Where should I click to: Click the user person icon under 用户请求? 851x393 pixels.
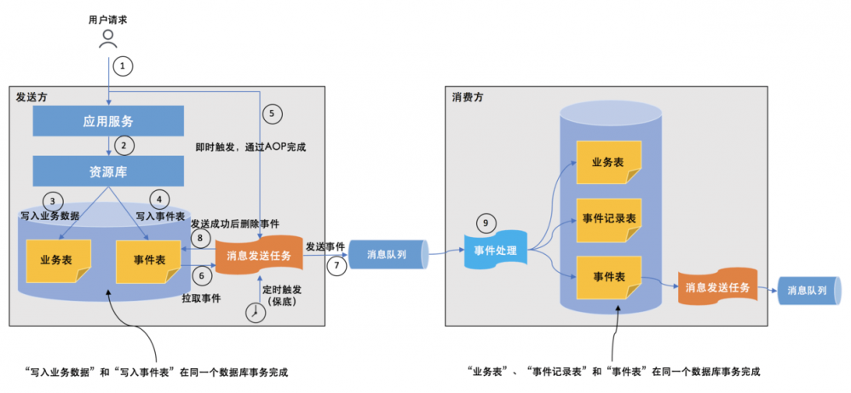coord(108,38)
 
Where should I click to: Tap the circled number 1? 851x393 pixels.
coord(124,66)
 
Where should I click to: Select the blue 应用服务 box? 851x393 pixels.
coord(108,121)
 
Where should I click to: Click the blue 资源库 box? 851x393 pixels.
coord(108,170)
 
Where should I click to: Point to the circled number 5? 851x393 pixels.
coord(271,113)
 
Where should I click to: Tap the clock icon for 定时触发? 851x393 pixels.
coord(253,313)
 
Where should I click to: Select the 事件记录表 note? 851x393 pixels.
coord(607,217)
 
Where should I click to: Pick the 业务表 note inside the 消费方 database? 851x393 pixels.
coord(607,161)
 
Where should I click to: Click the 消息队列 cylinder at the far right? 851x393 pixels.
coord(806,290)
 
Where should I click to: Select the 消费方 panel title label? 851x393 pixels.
coord(468,97)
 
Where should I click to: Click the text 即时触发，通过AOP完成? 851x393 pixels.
coord(250,147)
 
